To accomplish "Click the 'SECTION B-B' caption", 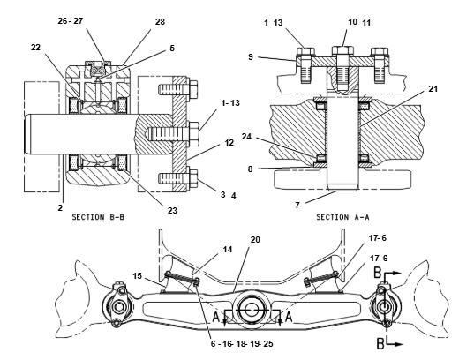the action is tap(98, 217).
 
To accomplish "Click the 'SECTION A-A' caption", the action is tap(342, 217).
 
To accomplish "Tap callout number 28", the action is tap(160, 22).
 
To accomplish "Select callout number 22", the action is tap(35, 47).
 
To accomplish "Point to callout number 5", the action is tap(172, 48).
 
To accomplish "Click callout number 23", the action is tap(172, 210).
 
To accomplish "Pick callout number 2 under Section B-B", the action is tap(60, 207).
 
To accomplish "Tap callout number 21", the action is tap(433, 89).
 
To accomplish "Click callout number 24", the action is tap(246, 137).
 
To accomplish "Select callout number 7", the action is tap(297, 205).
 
